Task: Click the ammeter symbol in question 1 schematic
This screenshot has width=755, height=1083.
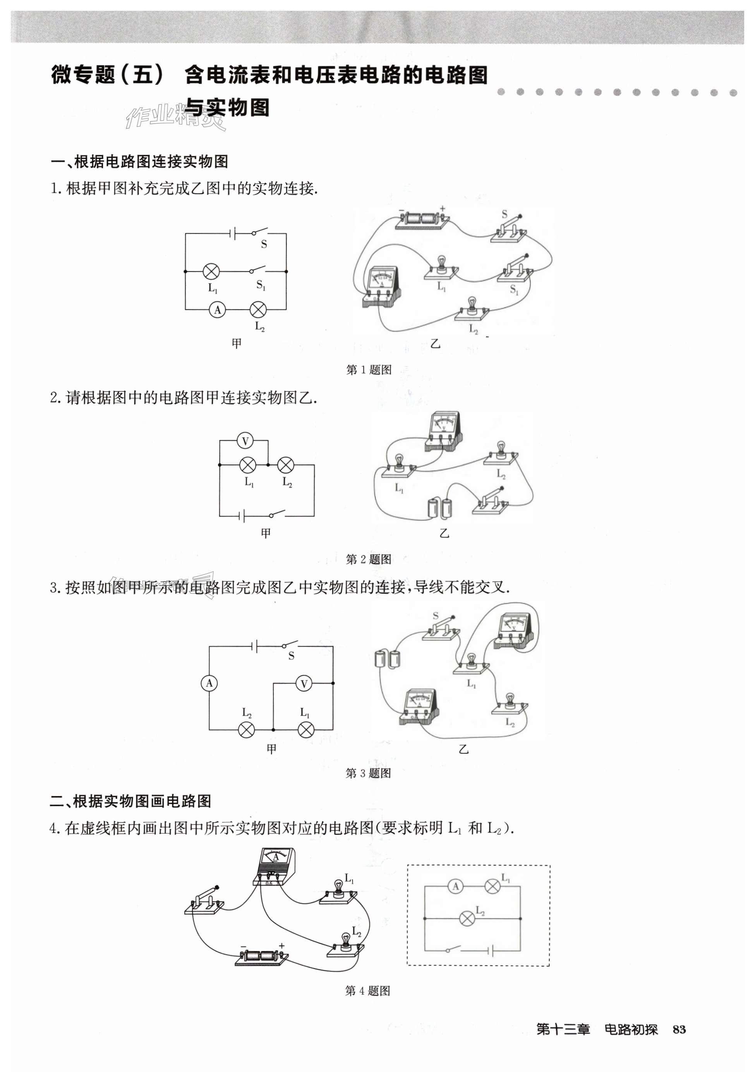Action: point(217,310)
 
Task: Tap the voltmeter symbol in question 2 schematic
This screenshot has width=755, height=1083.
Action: point(245,441)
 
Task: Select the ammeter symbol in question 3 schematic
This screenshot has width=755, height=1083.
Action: point(209,683)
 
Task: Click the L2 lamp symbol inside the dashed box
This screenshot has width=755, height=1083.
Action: point(467,918)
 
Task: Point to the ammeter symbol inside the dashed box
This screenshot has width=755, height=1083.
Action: point(456,887)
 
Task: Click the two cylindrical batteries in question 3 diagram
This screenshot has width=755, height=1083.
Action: point(387,659)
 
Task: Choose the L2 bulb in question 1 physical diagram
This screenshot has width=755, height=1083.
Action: point(472,309)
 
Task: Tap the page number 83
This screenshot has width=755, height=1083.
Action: point(679,1029)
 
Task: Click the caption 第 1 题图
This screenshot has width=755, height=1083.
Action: point(369,370)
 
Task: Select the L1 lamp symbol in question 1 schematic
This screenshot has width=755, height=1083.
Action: point(211,272)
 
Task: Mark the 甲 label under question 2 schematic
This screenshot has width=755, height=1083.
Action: point(266,533)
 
